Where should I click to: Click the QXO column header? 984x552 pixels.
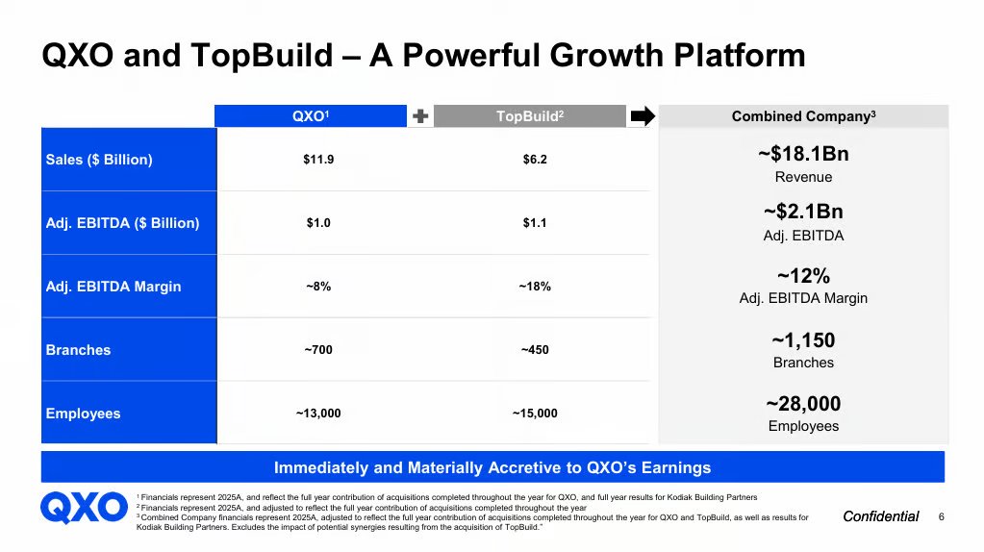311,116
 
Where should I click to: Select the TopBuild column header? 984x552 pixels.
530,116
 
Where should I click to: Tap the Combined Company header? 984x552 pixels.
803,116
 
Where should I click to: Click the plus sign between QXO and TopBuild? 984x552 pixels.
420,116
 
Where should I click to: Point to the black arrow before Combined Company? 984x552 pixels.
643,116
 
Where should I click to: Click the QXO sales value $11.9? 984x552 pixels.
318,160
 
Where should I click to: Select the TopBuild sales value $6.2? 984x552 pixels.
535,160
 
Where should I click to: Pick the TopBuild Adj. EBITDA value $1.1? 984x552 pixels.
535,223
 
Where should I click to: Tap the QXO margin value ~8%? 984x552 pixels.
318,286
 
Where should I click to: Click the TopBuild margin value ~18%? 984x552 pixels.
535,286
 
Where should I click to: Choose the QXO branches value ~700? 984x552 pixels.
318,349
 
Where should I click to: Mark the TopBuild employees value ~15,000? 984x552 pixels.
535,413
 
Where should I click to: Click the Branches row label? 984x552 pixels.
79,349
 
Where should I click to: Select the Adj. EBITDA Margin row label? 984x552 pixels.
114,286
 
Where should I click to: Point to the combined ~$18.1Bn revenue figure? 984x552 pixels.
803,154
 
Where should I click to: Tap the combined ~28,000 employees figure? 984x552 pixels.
803,403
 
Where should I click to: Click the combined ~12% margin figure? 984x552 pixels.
803,275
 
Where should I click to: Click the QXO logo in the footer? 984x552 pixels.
84,508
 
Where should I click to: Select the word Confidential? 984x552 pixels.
881,516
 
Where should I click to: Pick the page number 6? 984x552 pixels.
942,516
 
